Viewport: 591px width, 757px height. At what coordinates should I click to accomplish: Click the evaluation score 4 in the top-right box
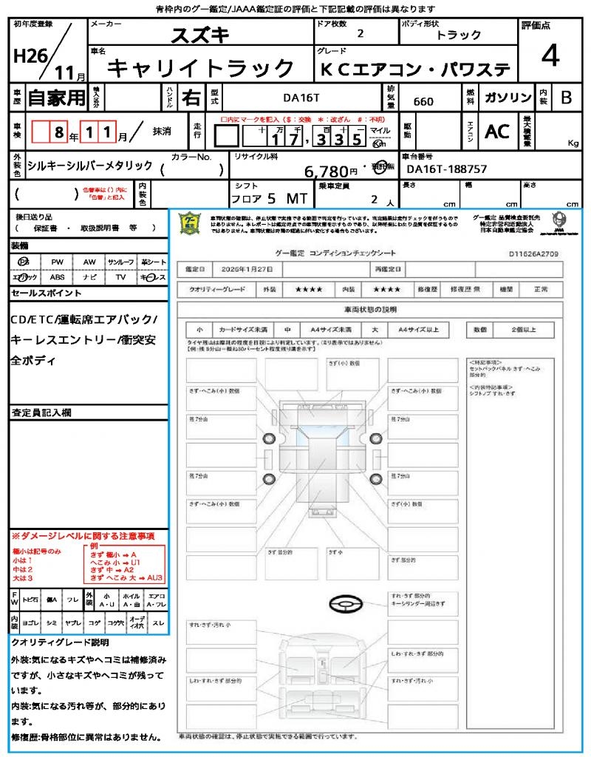pos(549,56)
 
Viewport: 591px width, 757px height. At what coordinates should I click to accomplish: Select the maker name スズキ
pos(200,35)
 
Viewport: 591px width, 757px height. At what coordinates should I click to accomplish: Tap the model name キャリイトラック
pos(201,69)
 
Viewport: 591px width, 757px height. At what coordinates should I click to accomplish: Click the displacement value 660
pos(423,101)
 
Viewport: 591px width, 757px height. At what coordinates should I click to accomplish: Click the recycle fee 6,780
pos(326,172)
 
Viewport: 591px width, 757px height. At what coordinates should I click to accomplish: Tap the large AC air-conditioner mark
pos(497,132)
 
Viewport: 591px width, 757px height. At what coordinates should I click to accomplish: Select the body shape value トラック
pos(459,35)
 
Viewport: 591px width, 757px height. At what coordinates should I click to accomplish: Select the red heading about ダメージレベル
pos(83,535)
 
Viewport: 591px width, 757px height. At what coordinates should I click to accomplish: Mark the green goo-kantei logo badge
pos(191,223)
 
